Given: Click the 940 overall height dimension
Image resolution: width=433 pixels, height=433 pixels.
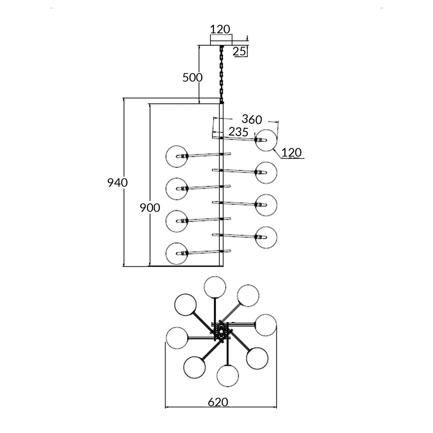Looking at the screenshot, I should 117,183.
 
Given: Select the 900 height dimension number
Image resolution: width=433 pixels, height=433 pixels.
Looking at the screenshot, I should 150,208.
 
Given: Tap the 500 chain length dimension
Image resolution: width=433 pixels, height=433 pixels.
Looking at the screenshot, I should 192,78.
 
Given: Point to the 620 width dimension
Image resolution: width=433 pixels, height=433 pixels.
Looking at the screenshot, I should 218,402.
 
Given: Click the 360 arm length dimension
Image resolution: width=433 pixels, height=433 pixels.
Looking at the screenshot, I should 252,119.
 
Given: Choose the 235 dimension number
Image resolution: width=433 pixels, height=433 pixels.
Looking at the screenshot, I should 238,132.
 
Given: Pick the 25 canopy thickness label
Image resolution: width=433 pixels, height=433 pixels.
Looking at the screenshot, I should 239,52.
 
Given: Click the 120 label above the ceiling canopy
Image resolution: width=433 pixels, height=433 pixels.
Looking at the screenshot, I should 220,29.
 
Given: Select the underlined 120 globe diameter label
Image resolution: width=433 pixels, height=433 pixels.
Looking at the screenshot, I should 291,152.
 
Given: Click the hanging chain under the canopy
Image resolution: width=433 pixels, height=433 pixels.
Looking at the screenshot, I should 221,74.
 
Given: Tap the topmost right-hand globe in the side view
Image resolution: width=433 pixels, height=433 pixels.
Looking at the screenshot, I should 266,140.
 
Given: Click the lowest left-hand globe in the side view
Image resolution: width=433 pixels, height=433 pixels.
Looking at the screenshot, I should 177,253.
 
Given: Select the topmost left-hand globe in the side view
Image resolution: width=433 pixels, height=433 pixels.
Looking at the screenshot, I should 177,156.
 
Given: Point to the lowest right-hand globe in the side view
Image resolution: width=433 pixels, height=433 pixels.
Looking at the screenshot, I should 266,237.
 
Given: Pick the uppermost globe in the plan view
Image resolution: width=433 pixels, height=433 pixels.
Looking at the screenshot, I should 215,287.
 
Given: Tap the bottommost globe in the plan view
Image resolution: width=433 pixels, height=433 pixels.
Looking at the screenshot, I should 227,375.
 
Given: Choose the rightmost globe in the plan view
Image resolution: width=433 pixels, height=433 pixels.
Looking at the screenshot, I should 265,325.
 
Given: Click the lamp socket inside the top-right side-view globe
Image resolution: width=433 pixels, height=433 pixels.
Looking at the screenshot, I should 261,140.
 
